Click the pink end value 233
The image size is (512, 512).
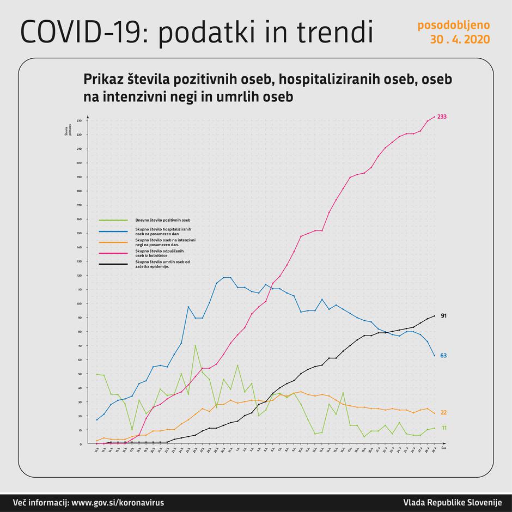[x=442, y=117]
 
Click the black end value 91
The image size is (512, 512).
[x=443, y=316]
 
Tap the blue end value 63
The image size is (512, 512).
[x=443, y=355]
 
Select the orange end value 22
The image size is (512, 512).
[x=443, y=412]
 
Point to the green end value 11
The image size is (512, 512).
[x=443, y=428]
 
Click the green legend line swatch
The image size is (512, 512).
[x=113, y=220]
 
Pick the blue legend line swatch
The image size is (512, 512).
[x=113, y=231]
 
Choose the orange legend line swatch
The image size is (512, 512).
[x=113, y=242]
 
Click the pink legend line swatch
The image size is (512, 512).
[x=113, y=253]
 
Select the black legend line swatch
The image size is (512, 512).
[x=113, y=264]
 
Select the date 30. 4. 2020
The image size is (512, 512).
[x=459, y=40]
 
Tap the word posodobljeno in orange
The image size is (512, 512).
[x=453, y=25]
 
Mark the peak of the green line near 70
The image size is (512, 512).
[x=195, y=345]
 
